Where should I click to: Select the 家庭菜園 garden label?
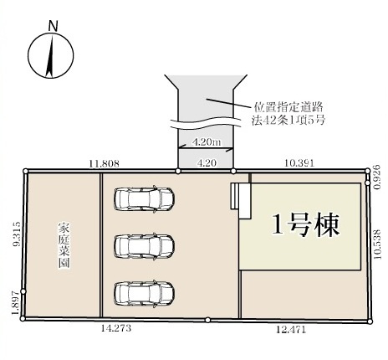64,244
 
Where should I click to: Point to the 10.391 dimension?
299,164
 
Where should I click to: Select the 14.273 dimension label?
115,329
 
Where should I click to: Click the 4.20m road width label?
206,142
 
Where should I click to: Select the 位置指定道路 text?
288,108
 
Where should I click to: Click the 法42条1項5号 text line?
288,121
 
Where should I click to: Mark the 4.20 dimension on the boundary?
206,164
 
